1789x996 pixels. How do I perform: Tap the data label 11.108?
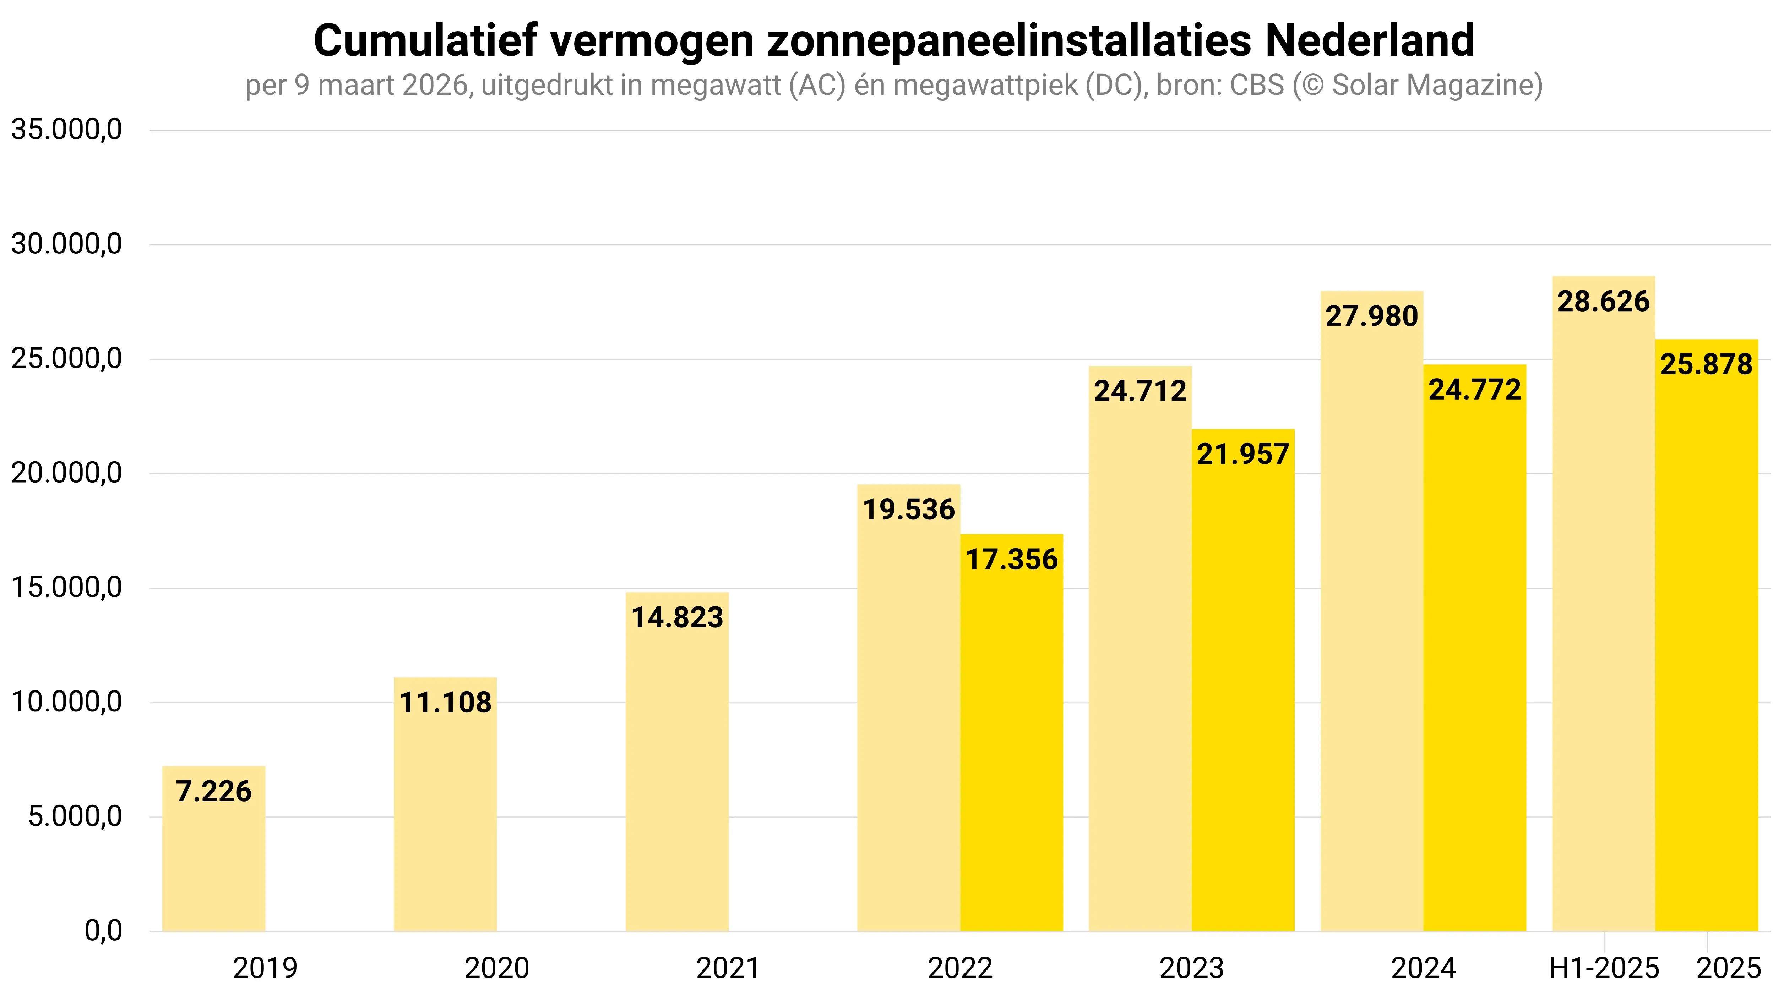tap(445, 703)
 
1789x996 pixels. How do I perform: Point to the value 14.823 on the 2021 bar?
tap(677, 617)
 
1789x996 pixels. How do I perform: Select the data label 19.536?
tap(908, 510)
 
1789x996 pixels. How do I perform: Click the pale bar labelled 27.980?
tap(1372, 624)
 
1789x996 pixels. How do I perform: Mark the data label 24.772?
tap(1474, 389)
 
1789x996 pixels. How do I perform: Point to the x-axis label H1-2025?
tap(1604, 968)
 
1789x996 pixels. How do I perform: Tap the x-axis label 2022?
tap(960, 968)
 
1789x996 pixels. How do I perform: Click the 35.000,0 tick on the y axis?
tap(67, 130)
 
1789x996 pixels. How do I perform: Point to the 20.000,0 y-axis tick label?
tap(67, 473)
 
